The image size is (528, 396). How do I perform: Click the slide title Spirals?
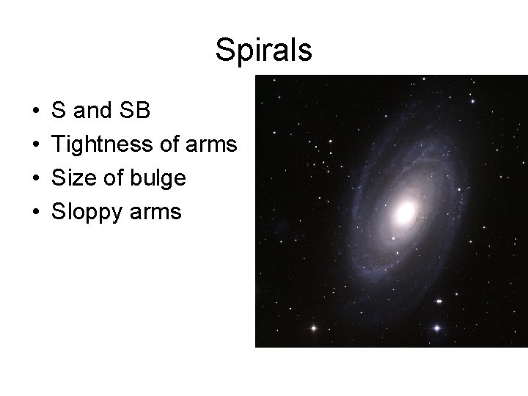264,51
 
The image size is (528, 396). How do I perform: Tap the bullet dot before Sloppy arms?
35,213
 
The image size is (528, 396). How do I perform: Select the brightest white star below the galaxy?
439,327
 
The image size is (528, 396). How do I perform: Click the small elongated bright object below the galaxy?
439,301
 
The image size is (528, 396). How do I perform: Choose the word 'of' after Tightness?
169,145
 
